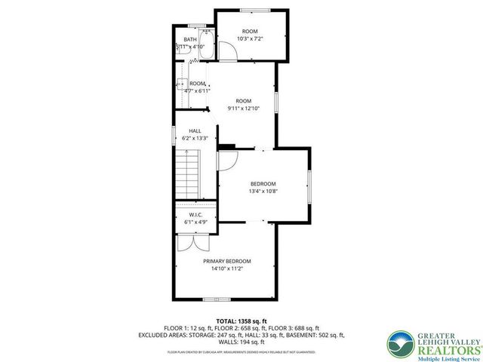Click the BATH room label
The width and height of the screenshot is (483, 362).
[190, 39]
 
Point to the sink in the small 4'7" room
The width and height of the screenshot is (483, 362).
[182, 84]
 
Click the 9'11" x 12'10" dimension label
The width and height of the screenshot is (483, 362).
[243, 109]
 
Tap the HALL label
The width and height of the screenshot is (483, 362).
[194, 130]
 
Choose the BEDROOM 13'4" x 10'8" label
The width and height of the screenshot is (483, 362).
[263, 183]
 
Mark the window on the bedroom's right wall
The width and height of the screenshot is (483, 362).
[308, 186]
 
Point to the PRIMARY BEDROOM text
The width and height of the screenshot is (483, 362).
[226, 261]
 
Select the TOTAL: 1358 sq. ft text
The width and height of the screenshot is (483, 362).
[241, 321]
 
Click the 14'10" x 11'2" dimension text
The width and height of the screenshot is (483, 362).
[226, 268]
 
